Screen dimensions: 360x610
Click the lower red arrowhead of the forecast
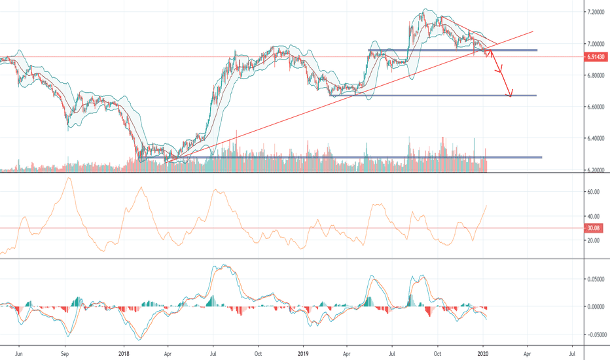coord(511,94)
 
